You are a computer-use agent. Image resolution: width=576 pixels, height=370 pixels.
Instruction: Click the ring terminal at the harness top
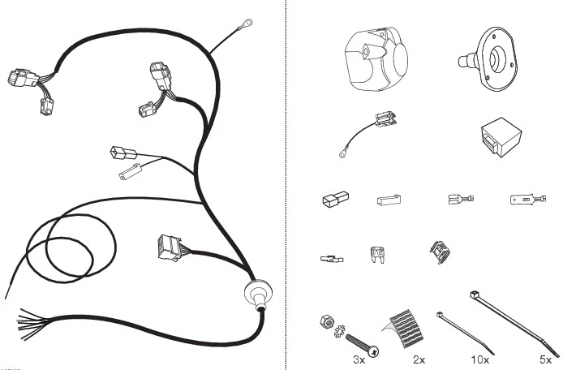click(246, 24)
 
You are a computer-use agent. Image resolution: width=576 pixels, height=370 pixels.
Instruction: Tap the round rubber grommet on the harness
click(259, 292)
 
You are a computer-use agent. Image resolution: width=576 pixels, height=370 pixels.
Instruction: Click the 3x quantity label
click(359, 359)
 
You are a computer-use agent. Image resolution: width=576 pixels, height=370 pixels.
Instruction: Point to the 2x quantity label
click(419, 359)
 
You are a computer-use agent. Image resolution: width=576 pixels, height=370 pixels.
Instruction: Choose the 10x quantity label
click(479, 359)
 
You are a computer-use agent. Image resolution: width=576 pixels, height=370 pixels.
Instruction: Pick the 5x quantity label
click(545, 359)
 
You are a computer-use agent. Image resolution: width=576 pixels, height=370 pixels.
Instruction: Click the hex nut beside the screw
click(327, 321)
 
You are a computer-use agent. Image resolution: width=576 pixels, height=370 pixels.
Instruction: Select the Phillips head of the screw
click(374, 352)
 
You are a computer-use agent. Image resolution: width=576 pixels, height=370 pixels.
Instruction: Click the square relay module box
click(501, 137)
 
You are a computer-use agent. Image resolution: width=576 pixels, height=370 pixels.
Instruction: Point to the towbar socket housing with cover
click(376, 58)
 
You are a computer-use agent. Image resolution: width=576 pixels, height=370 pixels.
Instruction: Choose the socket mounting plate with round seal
click(488, 58)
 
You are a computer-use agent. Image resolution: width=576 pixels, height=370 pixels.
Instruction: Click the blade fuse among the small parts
click(376, 255)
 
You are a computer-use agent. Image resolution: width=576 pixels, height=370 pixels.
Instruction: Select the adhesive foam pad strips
click(406, 329)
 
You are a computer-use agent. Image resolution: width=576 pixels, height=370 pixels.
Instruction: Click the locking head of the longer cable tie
click(475, 294)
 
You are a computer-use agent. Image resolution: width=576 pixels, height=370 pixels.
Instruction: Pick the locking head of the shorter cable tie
click(440, 315)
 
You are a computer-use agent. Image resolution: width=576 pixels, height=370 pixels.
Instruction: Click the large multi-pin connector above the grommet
click(170, 247)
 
